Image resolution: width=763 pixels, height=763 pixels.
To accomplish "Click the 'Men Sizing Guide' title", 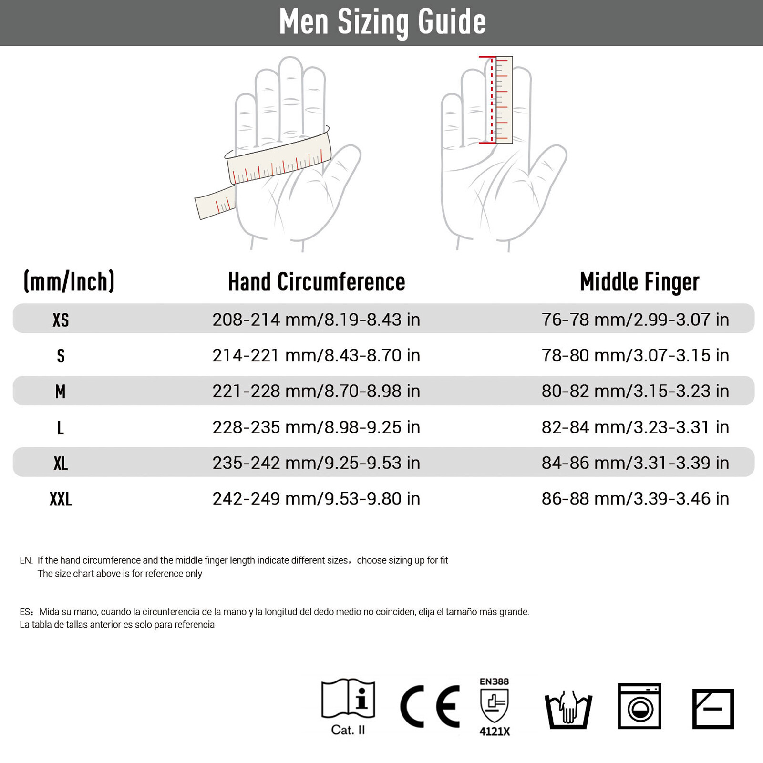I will (x=382, y=22).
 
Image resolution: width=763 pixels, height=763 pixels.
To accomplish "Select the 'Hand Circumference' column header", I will (x=316, y=282).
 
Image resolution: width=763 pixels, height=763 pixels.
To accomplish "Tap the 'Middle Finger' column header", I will (x=639, y=282).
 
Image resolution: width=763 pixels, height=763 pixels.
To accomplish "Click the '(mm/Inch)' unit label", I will (x=69, y=281).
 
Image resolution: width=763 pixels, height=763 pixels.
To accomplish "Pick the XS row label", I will (x=61, y=320).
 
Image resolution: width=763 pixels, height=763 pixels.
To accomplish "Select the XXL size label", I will (x=61, y=499).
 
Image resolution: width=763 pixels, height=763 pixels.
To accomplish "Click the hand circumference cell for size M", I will (x=316, y=391).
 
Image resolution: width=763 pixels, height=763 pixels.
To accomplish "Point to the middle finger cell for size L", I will (x=635, y=427).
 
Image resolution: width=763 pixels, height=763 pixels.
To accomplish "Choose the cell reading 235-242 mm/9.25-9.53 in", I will (x=316, y=463).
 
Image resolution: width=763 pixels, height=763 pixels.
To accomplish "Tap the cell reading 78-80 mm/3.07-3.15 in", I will (x=635, y=355).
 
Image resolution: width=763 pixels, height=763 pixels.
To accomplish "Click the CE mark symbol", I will (x=430, y=706).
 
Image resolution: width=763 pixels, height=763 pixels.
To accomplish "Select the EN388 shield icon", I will (x=494, y=706).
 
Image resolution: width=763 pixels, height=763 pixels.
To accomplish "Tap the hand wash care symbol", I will (x=568, y=710).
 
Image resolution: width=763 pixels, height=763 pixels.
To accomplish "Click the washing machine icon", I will (x=639, y=706).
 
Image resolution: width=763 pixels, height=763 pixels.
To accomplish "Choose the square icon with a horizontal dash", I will (x=713, y=709).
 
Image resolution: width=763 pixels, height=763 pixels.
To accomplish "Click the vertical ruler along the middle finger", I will (x=504, y=100).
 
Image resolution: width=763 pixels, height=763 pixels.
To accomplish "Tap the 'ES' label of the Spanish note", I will (x=26, y=612).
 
